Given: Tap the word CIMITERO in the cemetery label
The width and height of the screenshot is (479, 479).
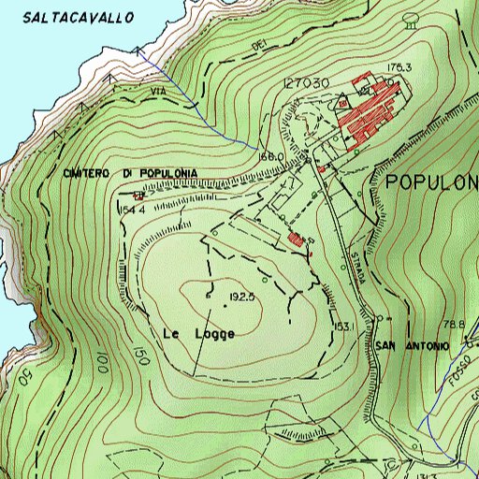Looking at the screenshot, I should point(89,174).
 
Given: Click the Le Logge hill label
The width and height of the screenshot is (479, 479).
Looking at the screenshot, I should point(198,333).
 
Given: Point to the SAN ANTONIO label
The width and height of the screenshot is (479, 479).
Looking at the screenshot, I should point(413,345).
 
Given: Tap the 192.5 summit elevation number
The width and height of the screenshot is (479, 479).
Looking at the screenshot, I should point(242,297).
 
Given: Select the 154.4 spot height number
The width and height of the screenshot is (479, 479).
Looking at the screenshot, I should point(132,210).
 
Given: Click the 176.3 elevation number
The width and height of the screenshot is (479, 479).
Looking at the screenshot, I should point(399,67).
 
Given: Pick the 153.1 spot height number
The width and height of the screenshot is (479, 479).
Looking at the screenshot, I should point(342,327).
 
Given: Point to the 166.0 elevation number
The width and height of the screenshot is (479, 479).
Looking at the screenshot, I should point(269,157).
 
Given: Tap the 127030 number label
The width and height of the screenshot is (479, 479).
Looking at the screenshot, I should point(307,83).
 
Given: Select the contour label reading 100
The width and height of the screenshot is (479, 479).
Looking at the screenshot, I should point(101,360).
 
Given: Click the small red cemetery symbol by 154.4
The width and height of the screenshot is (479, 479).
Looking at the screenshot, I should point(138,196).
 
